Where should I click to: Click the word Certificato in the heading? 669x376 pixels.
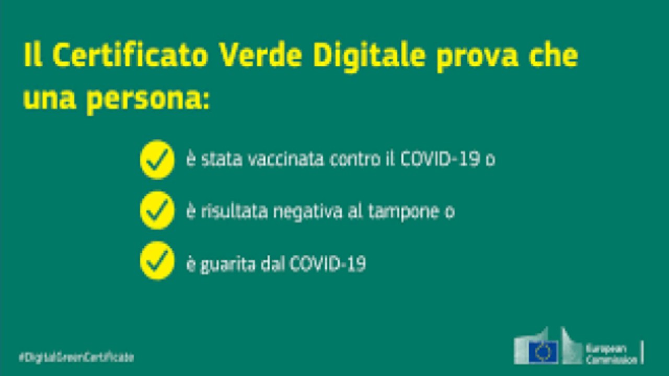tap(130, 55)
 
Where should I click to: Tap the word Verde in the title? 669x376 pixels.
tap(260, 55)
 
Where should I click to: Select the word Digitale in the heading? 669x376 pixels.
tap(369, 57)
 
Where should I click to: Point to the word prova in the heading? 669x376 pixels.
tap(477, 58)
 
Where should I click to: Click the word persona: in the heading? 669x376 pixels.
tap(148, 99)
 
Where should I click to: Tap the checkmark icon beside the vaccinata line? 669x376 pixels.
tap(157, 159)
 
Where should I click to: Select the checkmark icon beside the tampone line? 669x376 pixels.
tap(157, 210)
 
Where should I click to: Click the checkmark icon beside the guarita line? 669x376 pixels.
tap(157, 261)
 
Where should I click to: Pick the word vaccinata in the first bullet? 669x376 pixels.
tap(286, 159)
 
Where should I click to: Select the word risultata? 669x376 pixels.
tap(235, 211)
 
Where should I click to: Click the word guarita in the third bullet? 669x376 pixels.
tap(227, 265)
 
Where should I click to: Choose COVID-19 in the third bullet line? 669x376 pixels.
tap(328, 264)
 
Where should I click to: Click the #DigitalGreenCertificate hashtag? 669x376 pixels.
tap(76, 357)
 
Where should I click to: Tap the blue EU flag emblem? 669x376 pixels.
tap(543, 352)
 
